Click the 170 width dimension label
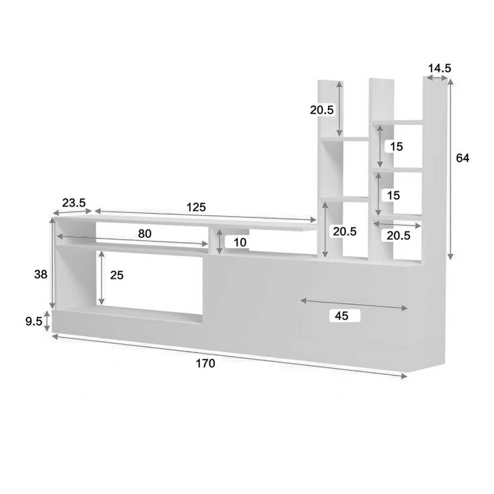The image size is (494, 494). point(206,364)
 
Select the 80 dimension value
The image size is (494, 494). point(144,233)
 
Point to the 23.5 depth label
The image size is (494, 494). point(73,202)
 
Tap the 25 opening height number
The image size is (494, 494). point(117,275)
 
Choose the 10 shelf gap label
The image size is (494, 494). point(240,243)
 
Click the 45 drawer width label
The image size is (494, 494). point(341,316)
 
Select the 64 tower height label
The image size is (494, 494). point(463,158)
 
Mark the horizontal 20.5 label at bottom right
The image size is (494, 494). point(399,235)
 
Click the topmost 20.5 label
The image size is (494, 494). point(322,110)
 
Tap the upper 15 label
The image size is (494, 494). point(396,146)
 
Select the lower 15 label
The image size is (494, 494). point(393,195)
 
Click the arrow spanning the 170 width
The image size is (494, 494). point(228,356)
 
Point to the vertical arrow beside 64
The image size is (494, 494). point(451,170)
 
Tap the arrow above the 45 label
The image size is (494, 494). point(354,303)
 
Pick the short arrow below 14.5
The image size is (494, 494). point(437,79)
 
